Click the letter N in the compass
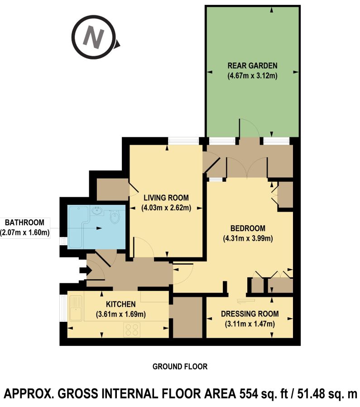(x=93, y=37)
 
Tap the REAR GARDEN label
(x=252, y=65)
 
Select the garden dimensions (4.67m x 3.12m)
(x=252, y=76)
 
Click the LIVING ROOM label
(x=166, y=198)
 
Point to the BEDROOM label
(x=248, y=228)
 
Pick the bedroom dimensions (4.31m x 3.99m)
(x=248, y=238)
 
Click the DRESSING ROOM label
(x=250, y=314)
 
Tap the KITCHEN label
(x=120, y=304)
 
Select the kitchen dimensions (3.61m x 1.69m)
(x=120, y=315)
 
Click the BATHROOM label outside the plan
(x=24, y=223)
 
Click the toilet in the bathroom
(x=114, y=217)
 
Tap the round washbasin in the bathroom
(x=97, y=210)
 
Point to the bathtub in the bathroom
(x=77, y=226)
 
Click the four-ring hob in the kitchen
(x=132, y=329)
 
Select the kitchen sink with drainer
(x=76, y=308)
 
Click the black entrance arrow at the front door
(x=85, y=271)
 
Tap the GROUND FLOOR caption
(x=180, y=367)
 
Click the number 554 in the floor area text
(x=249, y=394)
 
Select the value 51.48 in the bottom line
(x=311, y=394)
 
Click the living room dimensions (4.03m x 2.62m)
(x=166, y=208)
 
